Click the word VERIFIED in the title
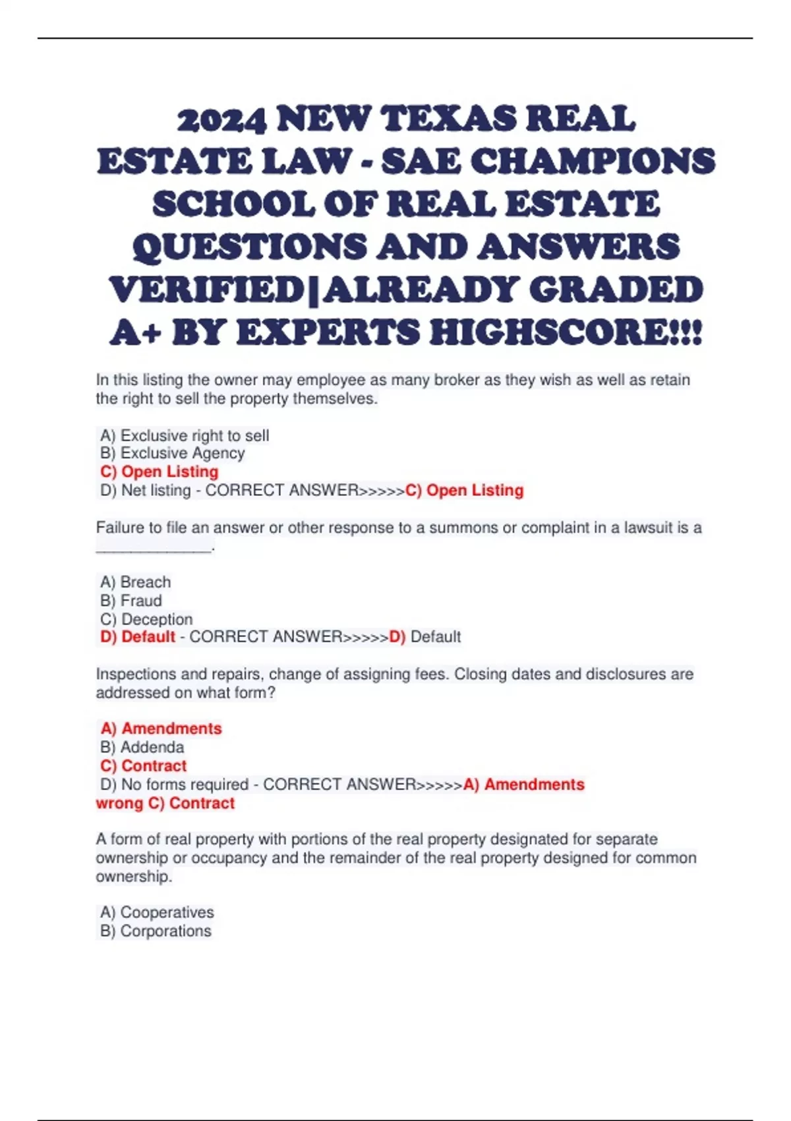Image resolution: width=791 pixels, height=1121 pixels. pos(206,290)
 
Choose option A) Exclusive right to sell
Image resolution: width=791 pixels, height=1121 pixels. pos(185,436)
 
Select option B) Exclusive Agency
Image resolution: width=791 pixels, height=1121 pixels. pos(173,454)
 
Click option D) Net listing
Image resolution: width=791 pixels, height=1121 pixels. pos(146,491)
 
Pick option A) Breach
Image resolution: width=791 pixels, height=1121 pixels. pos(136,582)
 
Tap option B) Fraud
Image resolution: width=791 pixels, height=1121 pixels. pos(131,601)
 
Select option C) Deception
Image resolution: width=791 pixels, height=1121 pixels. pos(146,619)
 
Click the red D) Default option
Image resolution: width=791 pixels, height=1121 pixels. pos(138,637)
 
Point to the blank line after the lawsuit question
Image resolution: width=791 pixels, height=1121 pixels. pos(154,547)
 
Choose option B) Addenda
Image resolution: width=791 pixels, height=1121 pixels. pos(142,748)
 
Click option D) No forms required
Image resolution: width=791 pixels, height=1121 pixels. pos(174,785)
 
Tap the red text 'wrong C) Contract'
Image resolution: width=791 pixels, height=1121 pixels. pos(165,803)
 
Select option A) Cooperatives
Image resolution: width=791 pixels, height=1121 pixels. pos(157,913)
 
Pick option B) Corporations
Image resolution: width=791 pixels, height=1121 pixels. pos(156,931)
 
